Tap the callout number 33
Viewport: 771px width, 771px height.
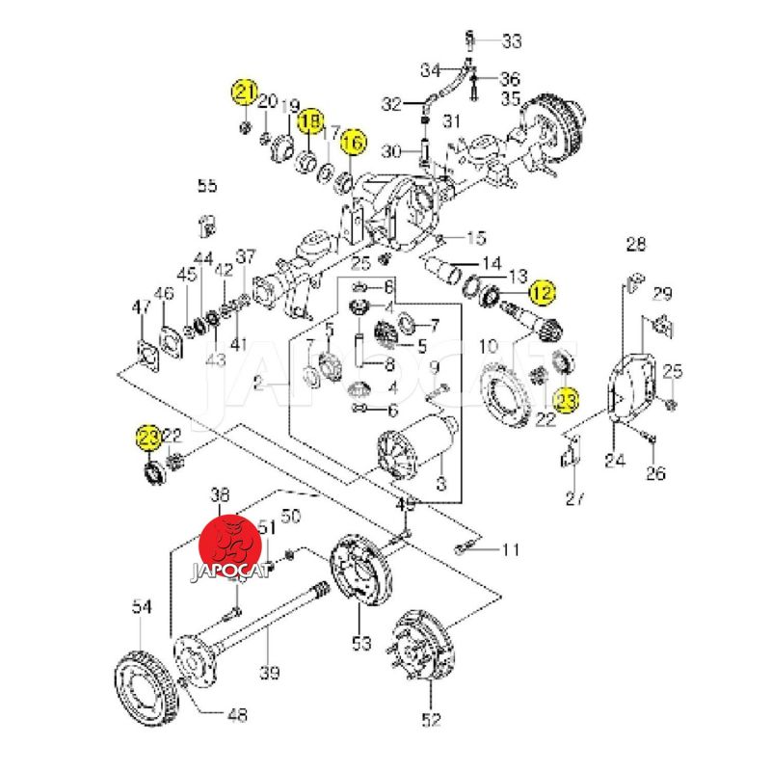511,40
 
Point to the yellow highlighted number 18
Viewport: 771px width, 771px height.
309,122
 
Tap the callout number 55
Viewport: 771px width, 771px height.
208,185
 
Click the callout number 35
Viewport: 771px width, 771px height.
510,98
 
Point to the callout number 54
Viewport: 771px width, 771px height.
142,606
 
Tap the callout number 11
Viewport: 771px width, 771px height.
511,550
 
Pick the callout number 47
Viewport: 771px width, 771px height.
142,307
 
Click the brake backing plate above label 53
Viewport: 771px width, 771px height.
362,574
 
